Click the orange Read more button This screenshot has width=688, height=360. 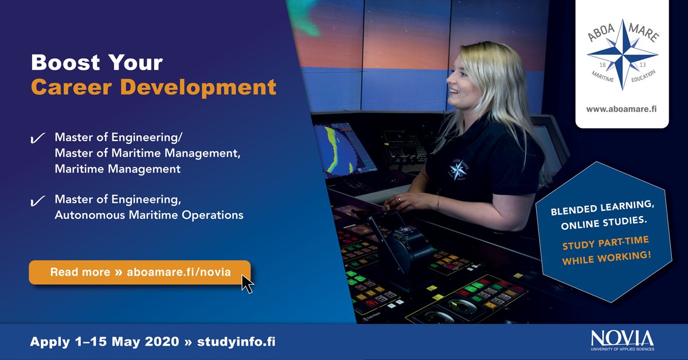coord(139,272)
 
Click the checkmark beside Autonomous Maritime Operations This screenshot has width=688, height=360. coord(38,201)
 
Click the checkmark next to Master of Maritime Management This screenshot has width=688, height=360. coord(38,139)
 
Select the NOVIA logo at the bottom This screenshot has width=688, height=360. coord(621,339)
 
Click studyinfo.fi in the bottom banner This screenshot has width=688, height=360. coord(236,342)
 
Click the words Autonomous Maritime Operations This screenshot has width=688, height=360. coord(149,216)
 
